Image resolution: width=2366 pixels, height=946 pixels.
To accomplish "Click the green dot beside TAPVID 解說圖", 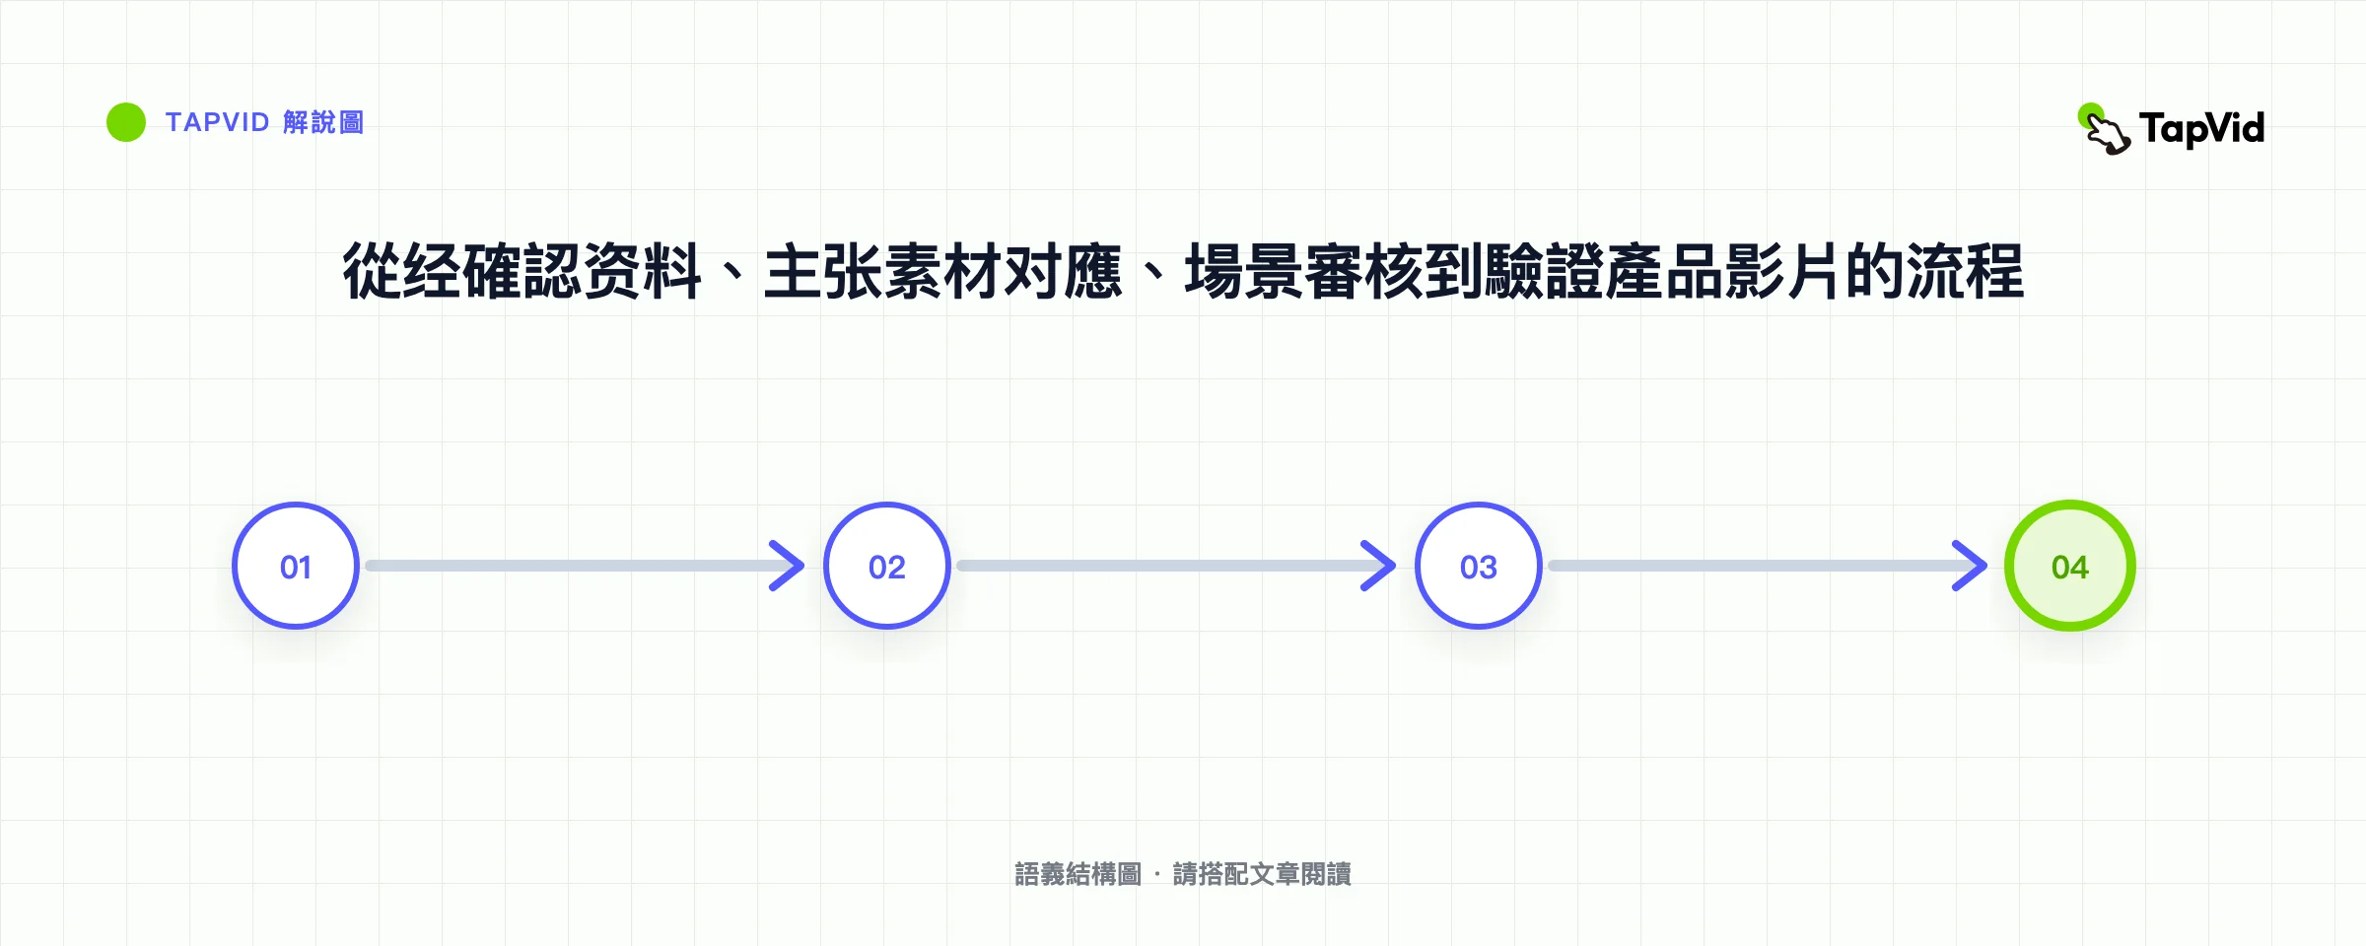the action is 126,122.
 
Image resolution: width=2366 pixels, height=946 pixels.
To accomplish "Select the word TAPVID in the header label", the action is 217,122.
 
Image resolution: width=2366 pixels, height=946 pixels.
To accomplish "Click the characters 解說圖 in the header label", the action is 323,122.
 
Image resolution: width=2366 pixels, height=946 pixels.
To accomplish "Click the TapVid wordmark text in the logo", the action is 2202,129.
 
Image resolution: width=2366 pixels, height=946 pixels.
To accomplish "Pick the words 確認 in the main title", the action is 522,271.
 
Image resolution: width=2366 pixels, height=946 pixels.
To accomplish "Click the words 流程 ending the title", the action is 1965,271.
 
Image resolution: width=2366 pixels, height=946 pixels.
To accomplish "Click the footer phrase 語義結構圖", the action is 1079,874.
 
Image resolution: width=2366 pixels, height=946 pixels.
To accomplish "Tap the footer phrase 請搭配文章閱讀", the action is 1262,874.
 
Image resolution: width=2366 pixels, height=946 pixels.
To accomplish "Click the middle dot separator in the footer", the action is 1157,874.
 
